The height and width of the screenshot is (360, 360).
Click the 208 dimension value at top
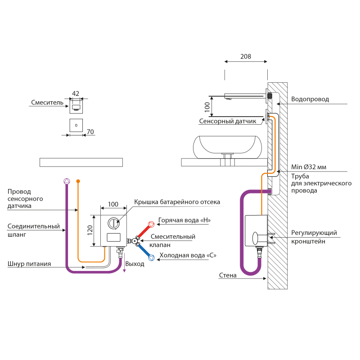tap(246, 57)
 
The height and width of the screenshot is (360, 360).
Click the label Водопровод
tap(310, 99)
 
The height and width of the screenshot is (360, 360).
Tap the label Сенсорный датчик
tap(228, 121)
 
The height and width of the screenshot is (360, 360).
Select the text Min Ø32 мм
tap(309, 167)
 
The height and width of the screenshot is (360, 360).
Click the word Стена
tap(228, 275)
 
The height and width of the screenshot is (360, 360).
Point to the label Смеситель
tap(47, 103)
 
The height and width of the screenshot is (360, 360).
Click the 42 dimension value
tap(76, 94)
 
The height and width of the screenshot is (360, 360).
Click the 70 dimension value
tap(90, 132)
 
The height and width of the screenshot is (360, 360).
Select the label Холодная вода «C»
tap(188, 255)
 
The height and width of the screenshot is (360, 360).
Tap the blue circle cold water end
tap(152, 258)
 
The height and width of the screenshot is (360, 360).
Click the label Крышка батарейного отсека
tap(177, 202)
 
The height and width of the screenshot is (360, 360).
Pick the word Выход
tap(135, 264)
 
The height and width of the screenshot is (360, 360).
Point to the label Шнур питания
tap(29, 264)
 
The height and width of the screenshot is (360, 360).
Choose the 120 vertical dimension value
tap(90, 230)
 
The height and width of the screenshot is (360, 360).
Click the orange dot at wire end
tap(78, 181)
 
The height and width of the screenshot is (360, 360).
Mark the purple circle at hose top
tap(67, 181)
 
